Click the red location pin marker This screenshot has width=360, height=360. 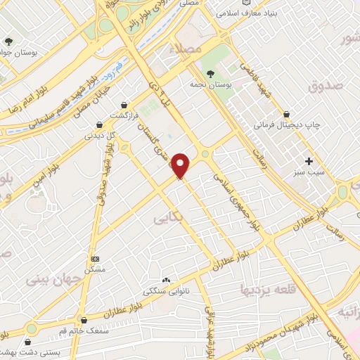[x=181, y=165]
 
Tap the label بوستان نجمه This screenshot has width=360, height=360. [x=211, y=84]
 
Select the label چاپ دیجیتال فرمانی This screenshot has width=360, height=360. [x=286, y=125]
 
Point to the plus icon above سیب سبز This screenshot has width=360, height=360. [x=309, y=161]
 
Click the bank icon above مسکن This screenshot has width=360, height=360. [x=96, y=259]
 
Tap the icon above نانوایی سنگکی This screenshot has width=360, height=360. [x=167, y=279]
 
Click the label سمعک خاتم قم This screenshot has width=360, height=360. [x=83, y=330]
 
